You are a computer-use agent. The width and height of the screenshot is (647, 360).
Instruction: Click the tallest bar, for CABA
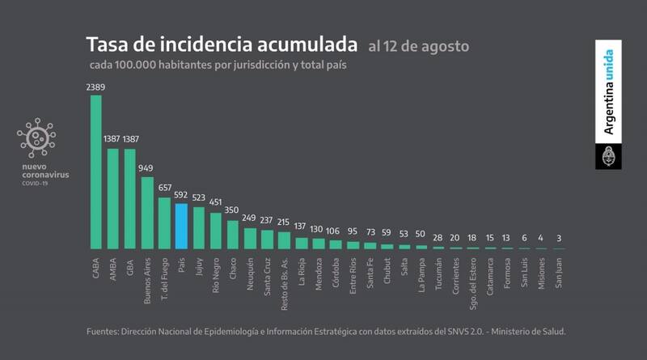tap(95, 172)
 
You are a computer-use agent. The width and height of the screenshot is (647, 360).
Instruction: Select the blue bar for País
tap(181, 226)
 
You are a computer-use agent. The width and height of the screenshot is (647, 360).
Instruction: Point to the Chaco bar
tap(233, 234)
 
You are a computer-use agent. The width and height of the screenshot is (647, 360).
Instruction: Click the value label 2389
tap(95, 86)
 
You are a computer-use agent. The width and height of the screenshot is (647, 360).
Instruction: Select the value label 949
tap(146, 168)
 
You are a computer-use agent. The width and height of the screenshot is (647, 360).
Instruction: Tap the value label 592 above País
tap(181, 195)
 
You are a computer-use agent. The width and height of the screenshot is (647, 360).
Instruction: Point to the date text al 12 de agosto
tap(417, 45)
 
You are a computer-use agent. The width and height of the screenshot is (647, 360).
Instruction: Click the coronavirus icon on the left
tap(36, 138)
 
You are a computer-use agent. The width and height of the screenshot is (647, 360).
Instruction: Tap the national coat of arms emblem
tap(608, 155)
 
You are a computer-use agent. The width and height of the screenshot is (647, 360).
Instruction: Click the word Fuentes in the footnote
tap(107, 332)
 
